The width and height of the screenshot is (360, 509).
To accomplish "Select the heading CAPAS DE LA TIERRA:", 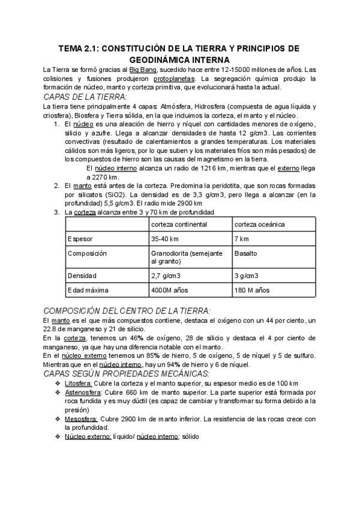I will click(85, 97).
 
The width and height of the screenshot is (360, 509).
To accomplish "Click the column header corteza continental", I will click(179, 224).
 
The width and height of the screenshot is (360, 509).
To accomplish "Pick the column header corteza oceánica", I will click(260, 224).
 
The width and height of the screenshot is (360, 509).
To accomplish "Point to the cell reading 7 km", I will click(241, 239).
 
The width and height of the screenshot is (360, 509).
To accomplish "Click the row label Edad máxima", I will click(88, 291).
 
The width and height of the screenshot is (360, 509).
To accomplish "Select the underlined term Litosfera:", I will click(81, 384).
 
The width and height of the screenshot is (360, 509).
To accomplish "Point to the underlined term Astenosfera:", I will click(86, 393).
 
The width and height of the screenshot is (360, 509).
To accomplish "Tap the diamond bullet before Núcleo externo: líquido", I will click(58, 437).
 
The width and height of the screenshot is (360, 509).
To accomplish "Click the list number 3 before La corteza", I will click(56, 212).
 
